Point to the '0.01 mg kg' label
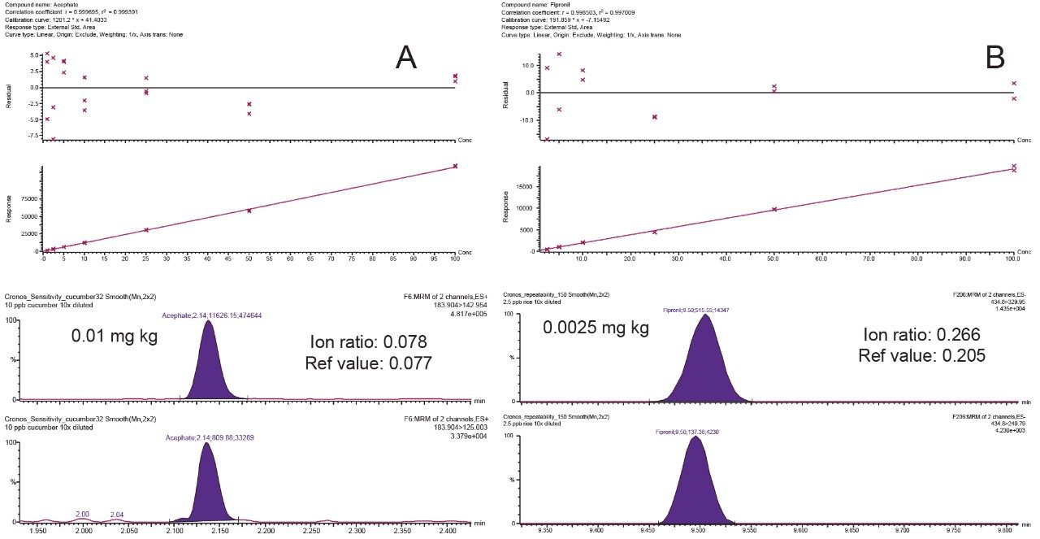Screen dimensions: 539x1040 point(115,335)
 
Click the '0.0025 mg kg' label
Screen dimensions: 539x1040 point(599,328)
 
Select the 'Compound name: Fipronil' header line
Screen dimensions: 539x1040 point(535,5)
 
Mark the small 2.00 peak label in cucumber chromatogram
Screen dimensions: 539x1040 point(82,515)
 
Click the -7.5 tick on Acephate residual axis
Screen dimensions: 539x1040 point(30,137)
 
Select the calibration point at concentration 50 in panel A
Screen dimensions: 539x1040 point(249,211)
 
